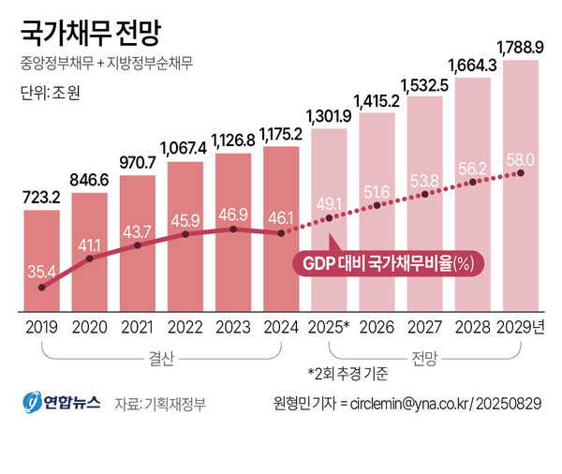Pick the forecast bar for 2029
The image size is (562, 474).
pos(520,187)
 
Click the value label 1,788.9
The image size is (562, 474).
pos(520,47)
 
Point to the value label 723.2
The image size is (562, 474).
pos(41,198)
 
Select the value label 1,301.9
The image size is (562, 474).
pos(329,116)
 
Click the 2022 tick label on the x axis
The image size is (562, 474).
pos(185,326)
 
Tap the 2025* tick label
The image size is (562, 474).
pos(329,326)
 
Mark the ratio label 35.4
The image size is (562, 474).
pos(41,272)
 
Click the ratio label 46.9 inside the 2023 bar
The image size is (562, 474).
pos(232,214)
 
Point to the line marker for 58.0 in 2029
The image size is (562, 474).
pos(520,173)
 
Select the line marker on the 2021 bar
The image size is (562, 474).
pos(138,245)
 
